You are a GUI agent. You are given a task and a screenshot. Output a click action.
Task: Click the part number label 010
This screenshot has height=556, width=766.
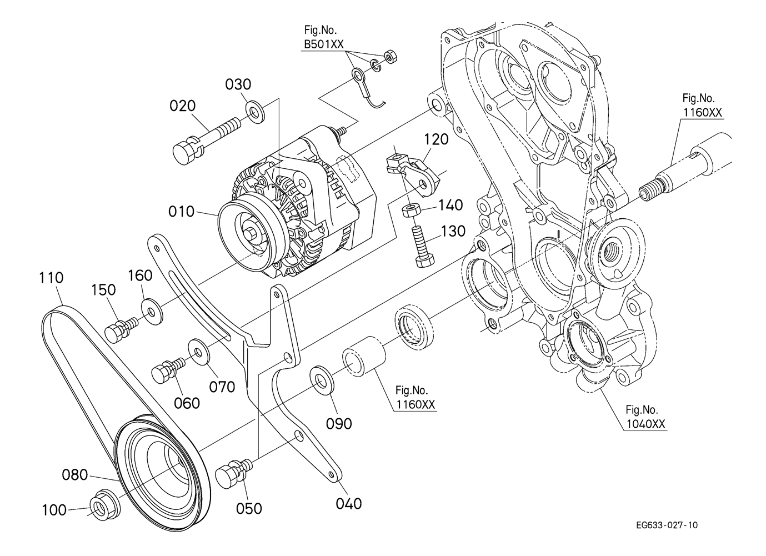tap(182, 212)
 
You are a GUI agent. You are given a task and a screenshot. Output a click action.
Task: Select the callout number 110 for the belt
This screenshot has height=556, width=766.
tap(51, 278)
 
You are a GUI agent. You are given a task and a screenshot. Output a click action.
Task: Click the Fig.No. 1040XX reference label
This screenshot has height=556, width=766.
tap(644, 417)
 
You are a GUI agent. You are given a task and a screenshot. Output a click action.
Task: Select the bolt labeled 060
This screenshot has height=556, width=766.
tap(167, 369)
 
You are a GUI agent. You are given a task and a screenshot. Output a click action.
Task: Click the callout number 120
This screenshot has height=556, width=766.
tap(436, 139)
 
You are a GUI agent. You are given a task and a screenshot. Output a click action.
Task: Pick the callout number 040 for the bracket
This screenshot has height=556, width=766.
tap(348, 503)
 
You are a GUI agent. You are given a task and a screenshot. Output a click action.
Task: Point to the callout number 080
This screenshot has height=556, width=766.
tap(74, 475)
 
